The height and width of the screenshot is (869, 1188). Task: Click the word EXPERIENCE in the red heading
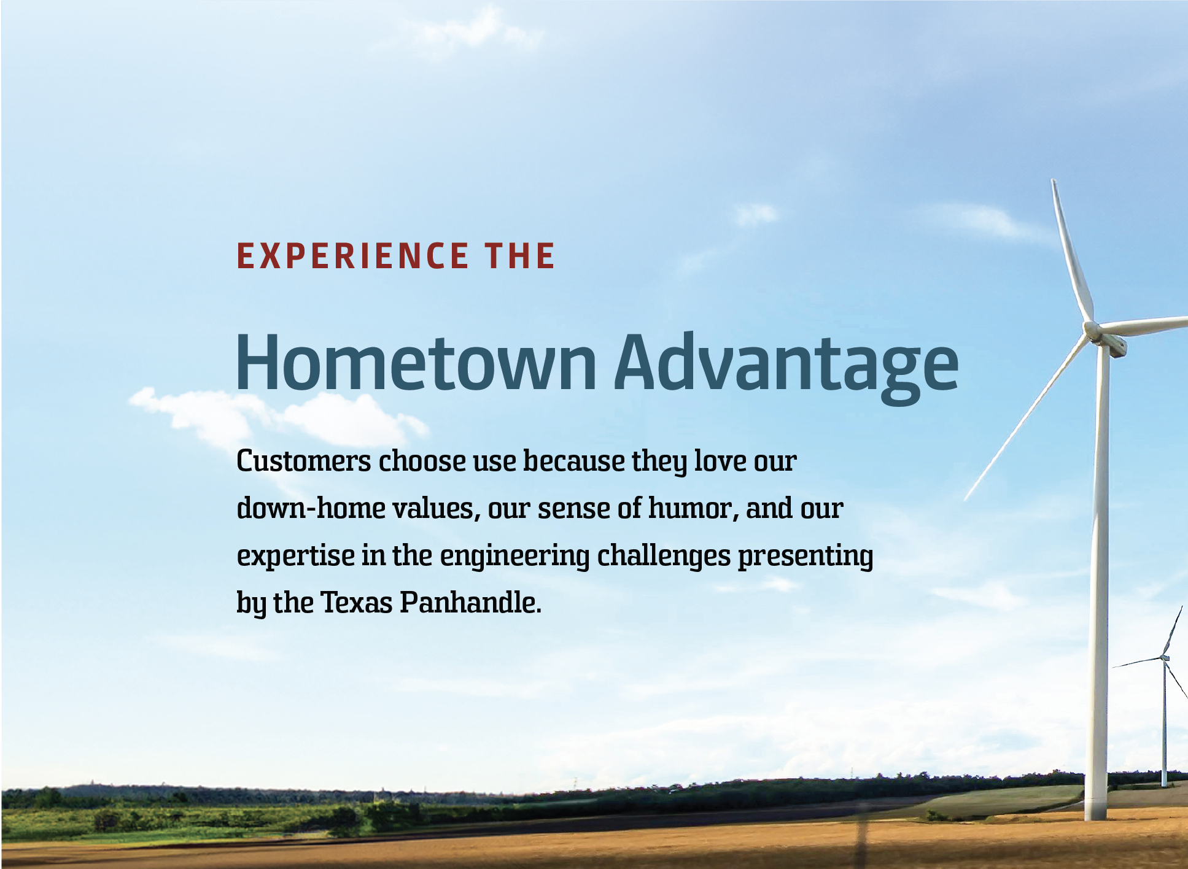(x=352, y=256)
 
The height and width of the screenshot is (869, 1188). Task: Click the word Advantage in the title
(x=786, y=367)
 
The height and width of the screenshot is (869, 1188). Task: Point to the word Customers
(x=304, y=461)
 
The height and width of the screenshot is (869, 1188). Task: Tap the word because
(x=574, y=461)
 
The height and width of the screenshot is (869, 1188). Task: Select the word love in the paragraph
(x=721, y=461)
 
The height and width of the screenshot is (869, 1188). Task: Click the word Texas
(x=357, y=603)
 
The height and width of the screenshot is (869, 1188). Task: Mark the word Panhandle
(x=470, y=603)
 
